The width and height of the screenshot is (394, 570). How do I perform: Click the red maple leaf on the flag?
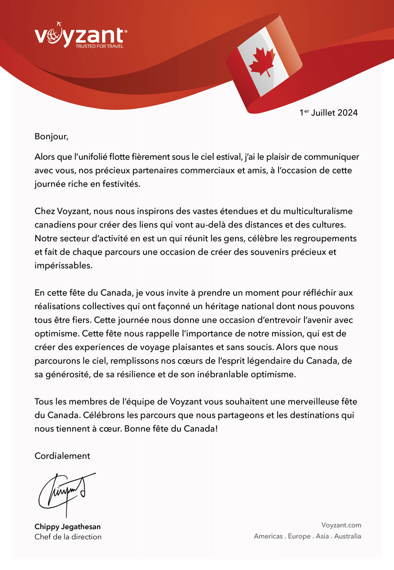[x=262, y=62]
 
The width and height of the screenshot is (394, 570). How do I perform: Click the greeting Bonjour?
[x=51, y=137]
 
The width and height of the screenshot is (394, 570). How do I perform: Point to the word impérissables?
[x=64, y=266]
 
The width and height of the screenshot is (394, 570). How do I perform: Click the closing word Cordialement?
[x=62, y=456]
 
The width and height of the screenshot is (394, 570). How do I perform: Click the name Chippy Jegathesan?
[x=67, y=527]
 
